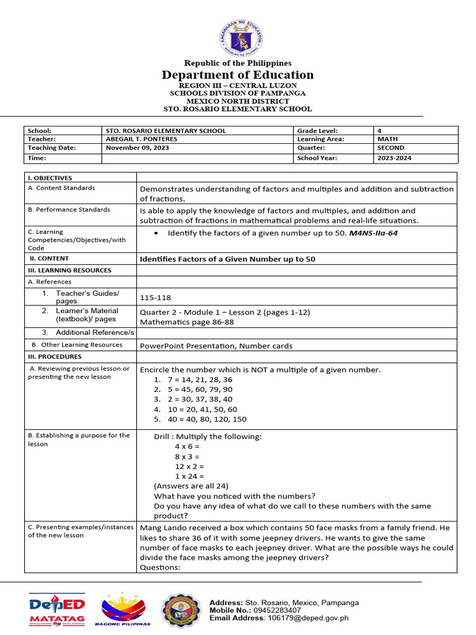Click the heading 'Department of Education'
point(238,75)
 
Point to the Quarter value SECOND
point(390,148)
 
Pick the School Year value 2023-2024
point(394,158)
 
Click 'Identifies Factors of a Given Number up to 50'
point(227,259)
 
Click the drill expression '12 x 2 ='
point(190,466)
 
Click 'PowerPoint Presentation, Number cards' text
point(216,345)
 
